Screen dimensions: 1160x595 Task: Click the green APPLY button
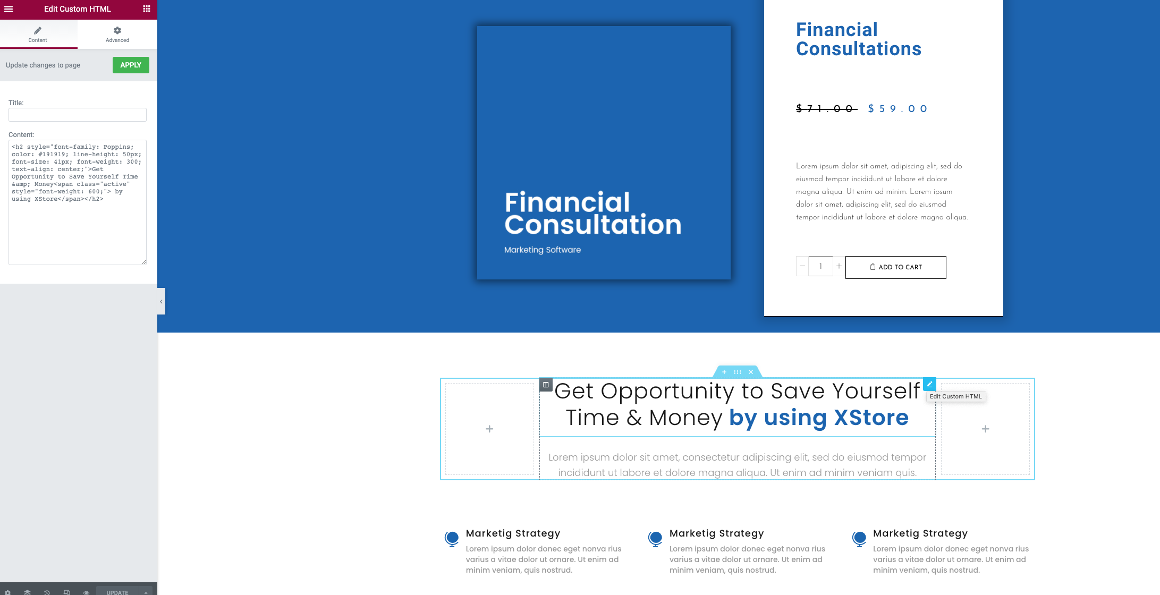click(131, 65)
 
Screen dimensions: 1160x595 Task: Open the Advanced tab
click(117, 35)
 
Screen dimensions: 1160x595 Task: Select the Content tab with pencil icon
click(38, 35)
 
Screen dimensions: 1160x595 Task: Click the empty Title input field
click(78, 115)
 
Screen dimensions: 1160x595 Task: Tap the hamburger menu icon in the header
click(9, 9)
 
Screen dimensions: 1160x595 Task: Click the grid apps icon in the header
click(147, 9)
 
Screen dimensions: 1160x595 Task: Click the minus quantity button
click(802, 266)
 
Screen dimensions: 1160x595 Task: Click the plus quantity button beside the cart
click(839, 266)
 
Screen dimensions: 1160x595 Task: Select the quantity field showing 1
click(820, 266)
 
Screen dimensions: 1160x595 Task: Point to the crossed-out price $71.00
click(827, 109)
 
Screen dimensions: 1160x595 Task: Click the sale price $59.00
click(898, 109)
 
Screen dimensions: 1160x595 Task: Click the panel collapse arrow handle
click(161, 301)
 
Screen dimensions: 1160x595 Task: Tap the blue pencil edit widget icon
click(929, 384)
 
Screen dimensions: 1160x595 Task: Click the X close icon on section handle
click(751, 372)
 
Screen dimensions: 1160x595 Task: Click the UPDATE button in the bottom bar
click(117, 591)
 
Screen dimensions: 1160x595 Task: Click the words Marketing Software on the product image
click(543, 250)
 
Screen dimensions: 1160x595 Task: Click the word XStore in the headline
click(871, 418)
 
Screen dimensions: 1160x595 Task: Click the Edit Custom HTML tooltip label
click(956, 396)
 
